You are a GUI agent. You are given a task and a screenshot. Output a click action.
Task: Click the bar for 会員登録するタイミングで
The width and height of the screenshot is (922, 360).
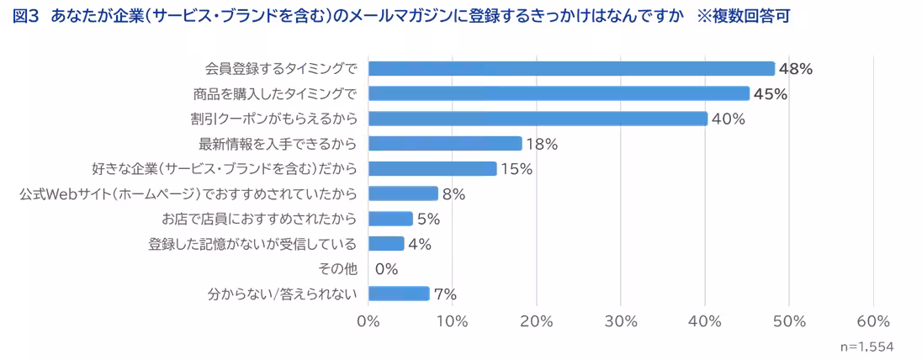(571, 69)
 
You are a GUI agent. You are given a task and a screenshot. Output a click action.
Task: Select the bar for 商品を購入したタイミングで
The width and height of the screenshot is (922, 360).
(559, 93)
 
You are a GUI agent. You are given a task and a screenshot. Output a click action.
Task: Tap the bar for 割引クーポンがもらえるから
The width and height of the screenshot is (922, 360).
(538, 119)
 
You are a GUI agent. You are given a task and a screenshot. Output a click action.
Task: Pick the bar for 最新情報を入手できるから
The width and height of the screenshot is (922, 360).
(445, 144)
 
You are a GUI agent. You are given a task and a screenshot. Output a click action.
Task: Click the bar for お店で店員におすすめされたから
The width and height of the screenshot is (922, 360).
(390, 219)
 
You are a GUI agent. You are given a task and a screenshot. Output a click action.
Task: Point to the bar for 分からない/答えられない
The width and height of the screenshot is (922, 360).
(399, 294)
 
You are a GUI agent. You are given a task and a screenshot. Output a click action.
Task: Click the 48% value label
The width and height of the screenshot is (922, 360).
(795, 69)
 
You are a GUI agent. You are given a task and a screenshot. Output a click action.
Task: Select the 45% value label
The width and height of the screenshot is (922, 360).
(770, 94)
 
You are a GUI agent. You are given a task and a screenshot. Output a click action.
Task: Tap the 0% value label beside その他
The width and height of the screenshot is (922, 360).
(386, 269)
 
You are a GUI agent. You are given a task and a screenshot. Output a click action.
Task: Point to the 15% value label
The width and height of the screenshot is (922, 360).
(517, 169)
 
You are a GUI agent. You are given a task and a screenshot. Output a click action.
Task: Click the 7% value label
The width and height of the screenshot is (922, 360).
(445, 294)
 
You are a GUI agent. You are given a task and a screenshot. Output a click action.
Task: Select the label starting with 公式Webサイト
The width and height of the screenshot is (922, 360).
(188, 194)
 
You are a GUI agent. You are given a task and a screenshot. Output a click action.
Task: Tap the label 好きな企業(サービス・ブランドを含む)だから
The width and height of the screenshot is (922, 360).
(224, 169)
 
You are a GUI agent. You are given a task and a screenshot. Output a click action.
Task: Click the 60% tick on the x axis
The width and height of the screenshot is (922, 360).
(872, 322)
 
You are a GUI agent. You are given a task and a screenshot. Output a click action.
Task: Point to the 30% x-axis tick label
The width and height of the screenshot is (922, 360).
(620, 322)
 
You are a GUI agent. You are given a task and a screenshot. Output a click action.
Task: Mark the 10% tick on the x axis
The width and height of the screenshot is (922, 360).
(452, 322)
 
